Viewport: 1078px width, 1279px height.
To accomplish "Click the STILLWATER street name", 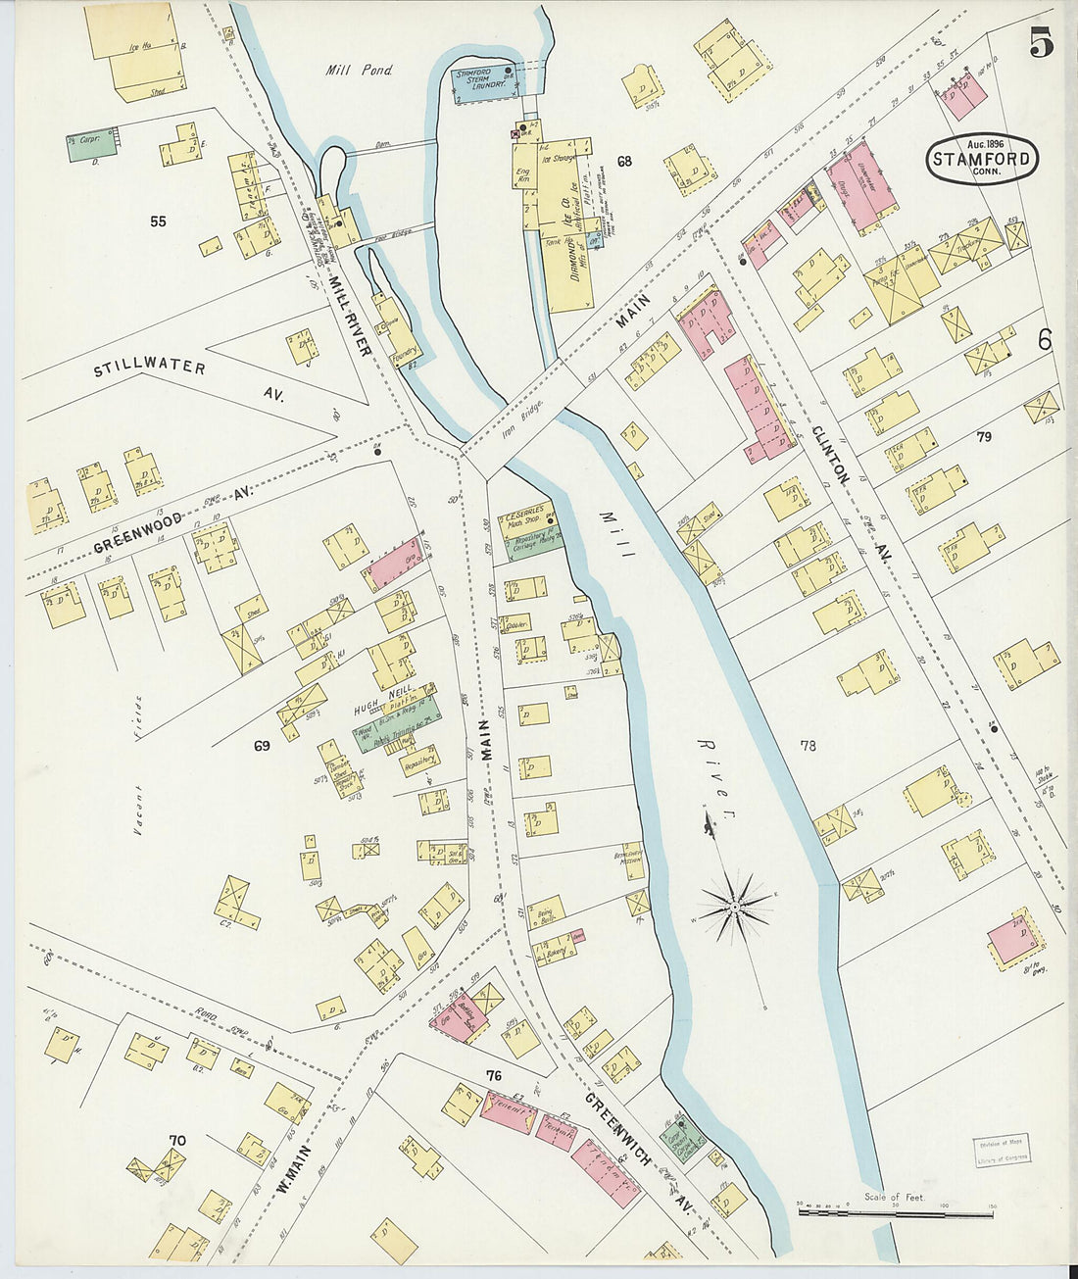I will pos(150,369).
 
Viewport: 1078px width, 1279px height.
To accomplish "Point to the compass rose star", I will pos(733,910).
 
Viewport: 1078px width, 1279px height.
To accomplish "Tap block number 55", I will pos(158,221).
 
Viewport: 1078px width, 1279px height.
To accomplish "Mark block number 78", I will pos(807,746).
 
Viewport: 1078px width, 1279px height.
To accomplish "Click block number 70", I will pos(176,1140).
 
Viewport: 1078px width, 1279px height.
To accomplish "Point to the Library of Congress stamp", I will pos(1001,1154).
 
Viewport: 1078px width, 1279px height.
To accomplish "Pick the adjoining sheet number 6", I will pos(1044,340).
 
